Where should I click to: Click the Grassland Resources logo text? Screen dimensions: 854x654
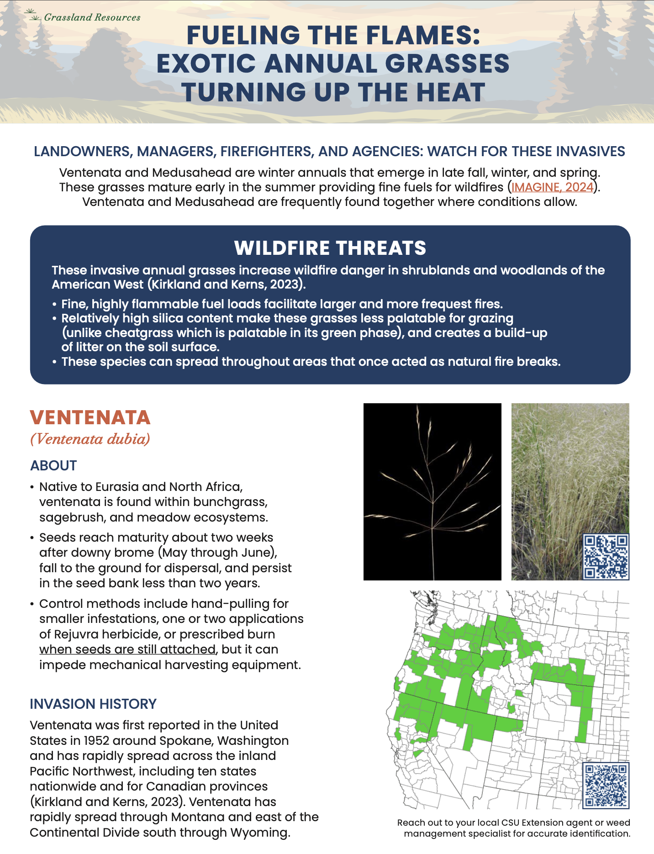click(x=92, y=17)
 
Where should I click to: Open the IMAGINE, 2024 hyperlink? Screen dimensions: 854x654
click(x=552, y=187)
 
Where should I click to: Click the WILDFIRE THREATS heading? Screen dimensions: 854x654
click(x=330, y=248)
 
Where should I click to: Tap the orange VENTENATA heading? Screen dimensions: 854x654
click(x=90, y=417)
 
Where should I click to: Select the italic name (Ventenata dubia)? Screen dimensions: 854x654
click(x=90, y=439)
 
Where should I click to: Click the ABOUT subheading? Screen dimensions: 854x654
click(x=53, y=465)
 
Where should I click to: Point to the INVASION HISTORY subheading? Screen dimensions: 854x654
click(x=93, y=704)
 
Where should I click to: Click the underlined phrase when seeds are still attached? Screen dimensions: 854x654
click(x=127, y=649)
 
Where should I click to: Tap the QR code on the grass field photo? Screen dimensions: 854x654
click(x=606, y=557)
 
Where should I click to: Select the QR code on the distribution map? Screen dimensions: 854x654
click(x=606, y=785)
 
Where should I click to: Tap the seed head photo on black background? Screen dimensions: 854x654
click(x=432, y=491)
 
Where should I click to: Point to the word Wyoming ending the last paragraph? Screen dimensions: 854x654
click(x=259, y=833)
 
